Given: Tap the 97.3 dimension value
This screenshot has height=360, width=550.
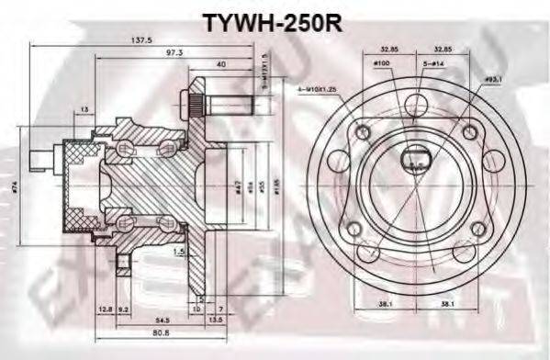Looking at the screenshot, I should coord(174,54).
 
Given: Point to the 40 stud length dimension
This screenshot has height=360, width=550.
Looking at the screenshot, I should coord(221,65).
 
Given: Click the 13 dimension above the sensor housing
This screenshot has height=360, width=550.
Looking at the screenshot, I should coord(84,110).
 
